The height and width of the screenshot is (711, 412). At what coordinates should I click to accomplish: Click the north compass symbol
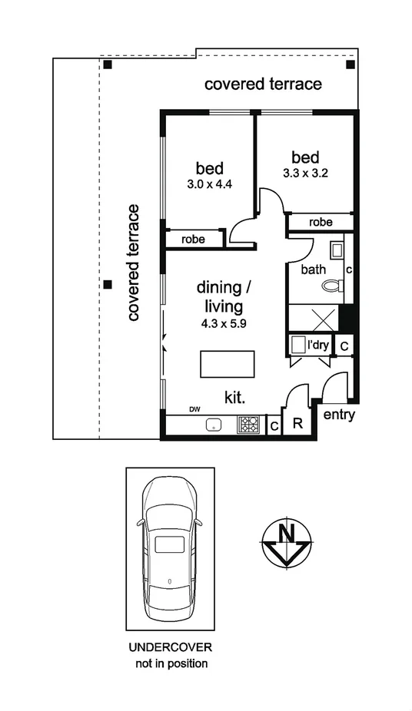click(x=286, y=544)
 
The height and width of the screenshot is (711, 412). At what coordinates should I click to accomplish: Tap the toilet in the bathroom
click(x=332, y=286)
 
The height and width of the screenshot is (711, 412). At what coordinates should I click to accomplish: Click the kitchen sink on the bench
click(x=213, y=424)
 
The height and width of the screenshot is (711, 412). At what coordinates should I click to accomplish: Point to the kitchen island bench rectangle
click(x=228, y=363)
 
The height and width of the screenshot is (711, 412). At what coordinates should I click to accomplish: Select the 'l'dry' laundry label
click(x=318, y=346)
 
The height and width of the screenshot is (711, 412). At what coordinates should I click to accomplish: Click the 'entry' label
click(x=339, y=415)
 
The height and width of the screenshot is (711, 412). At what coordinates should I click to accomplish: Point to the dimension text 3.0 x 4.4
click(x=208, y=184)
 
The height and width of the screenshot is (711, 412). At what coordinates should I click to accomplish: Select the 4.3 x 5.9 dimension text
click(x=224, y=323)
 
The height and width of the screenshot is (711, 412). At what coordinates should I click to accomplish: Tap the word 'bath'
click(x=313, y=270)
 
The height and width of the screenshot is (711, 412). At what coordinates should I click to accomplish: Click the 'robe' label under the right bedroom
click(x=321, y=222)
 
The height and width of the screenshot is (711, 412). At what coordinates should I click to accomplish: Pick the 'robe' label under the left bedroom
click(x=193, y=239)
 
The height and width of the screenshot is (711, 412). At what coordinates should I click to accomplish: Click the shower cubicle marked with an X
click(x=314, y=317)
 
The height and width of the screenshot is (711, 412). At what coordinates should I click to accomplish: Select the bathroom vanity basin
click(x=337, y=250)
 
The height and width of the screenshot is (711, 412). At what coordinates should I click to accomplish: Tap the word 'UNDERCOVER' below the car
click(x=170, y=647)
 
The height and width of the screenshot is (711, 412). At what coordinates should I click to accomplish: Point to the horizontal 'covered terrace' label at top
click(x=263, y=84)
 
